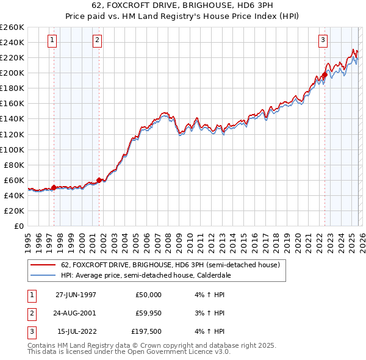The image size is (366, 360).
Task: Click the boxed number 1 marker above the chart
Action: coord(52,41)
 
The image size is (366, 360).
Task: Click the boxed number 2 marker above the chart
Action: coord(97,41)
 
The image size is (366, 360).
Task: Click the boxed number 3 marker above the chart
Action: coord(323,41)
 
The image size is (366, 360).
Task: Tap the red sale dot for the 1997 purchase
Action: coord(54,187)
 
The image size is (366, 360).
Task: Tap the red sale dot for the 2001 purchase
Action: coord(99,180)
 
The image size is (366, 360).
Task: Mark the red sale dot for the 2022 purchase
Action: coord(325,75)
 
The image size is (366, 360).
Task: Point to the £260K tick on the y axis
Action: coord(12,27)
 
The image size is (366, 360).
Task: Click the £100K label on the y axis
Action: coord(12,149)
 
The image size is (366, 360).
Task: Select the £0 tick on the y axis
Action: coord(18,226)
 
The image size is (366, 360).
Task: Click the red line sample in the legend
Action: coord(42,265)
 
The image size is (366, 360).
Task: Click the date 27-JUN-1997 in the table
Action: coord(76,294)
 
